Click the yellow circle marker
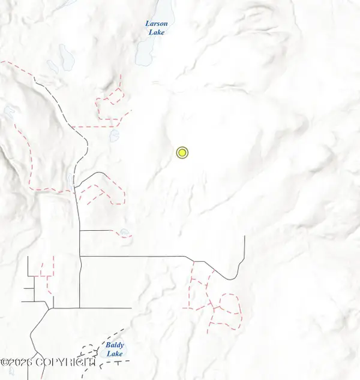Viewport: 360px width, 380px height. pos(182,153)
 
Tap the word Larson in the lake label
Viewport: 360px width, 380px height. pos(157,24)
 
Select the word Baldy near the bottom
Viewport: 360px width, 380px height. pos(114,345)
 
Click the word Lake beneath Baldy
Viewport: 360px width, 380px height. pos(114,354)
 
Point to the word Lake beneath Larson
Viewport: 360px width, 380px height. pos(157,32)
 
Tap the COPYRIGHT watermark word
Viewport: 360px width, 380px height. pos(66,362)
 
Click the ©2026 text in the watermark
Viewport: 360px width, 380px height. pos(17,362)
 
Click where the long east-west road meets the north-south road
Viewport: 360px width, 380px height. pos(80,257)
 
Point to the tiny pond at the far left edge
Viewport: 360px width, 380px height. pos(8,110)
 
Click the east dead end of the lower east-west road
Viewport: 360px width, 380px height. pos(131,308)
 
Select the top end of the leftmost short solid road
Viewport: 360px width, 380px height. pos(28,258)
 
